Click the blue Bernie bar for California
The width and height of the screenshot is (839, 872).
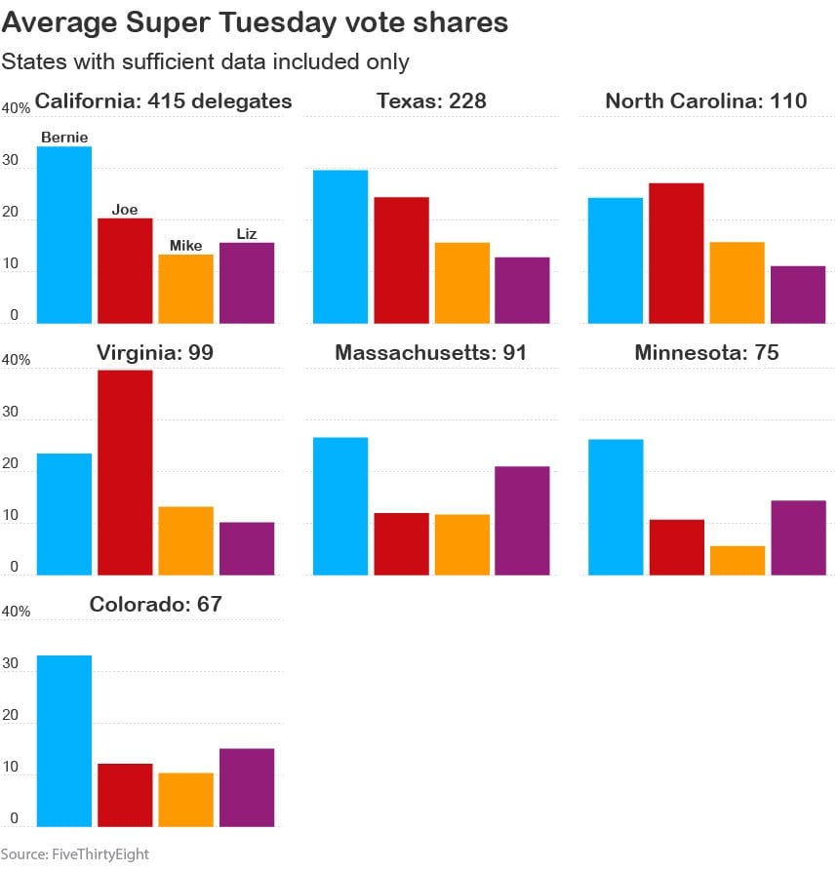(x=64, y=234)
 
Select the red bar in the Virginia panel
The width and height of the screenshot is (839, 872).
(x=125, y=472)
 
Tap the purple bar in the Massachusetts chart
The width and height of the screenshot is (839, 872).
(x=522, y=521)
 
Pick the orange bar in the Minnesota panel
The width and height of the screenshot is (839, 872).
(x=738, y=560)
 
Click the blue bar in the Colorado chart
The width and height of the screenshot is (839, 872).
(x=64, y=740)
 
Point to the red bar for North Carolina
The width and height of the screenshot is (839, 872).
(x=676, y=253)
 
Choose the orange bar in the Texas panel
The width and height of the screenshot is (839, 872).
(x=462, y=283)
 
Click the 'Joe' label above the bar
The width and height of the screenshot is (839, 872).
(x=125, y=209)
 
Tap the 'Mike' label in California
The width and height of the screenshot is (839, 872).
(x=185, y=246)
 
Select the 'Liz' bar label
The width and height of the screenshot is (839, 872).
(x=246, y=233)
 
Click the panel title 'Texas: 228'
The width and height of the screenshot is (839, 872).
(x=432, y=100)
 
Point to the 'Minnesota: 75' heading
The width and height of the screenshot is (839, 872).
(x=706, y=352)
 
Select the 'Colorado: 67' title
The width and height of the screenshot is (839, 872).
(x=156, y=604)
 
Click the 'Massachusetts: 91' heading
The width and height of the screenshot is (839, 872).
(x=430, y=352)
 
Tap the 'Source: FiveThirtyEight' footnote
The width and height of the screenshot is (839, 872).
(x=75, y=854)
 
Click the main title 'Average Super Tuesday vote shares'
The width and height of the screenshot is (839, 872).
(x=255, y=22)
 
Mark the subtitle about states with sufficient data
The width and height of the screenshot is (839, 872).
(x=205, y=61)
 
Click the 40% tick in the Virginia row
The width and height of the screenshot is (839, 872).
(x=17, y=360)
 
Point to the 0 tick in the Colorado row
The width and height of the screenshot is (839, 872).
(x=13, y=818)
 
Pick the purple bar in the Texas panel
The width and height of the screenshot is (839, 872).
(x=522, y=290)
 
